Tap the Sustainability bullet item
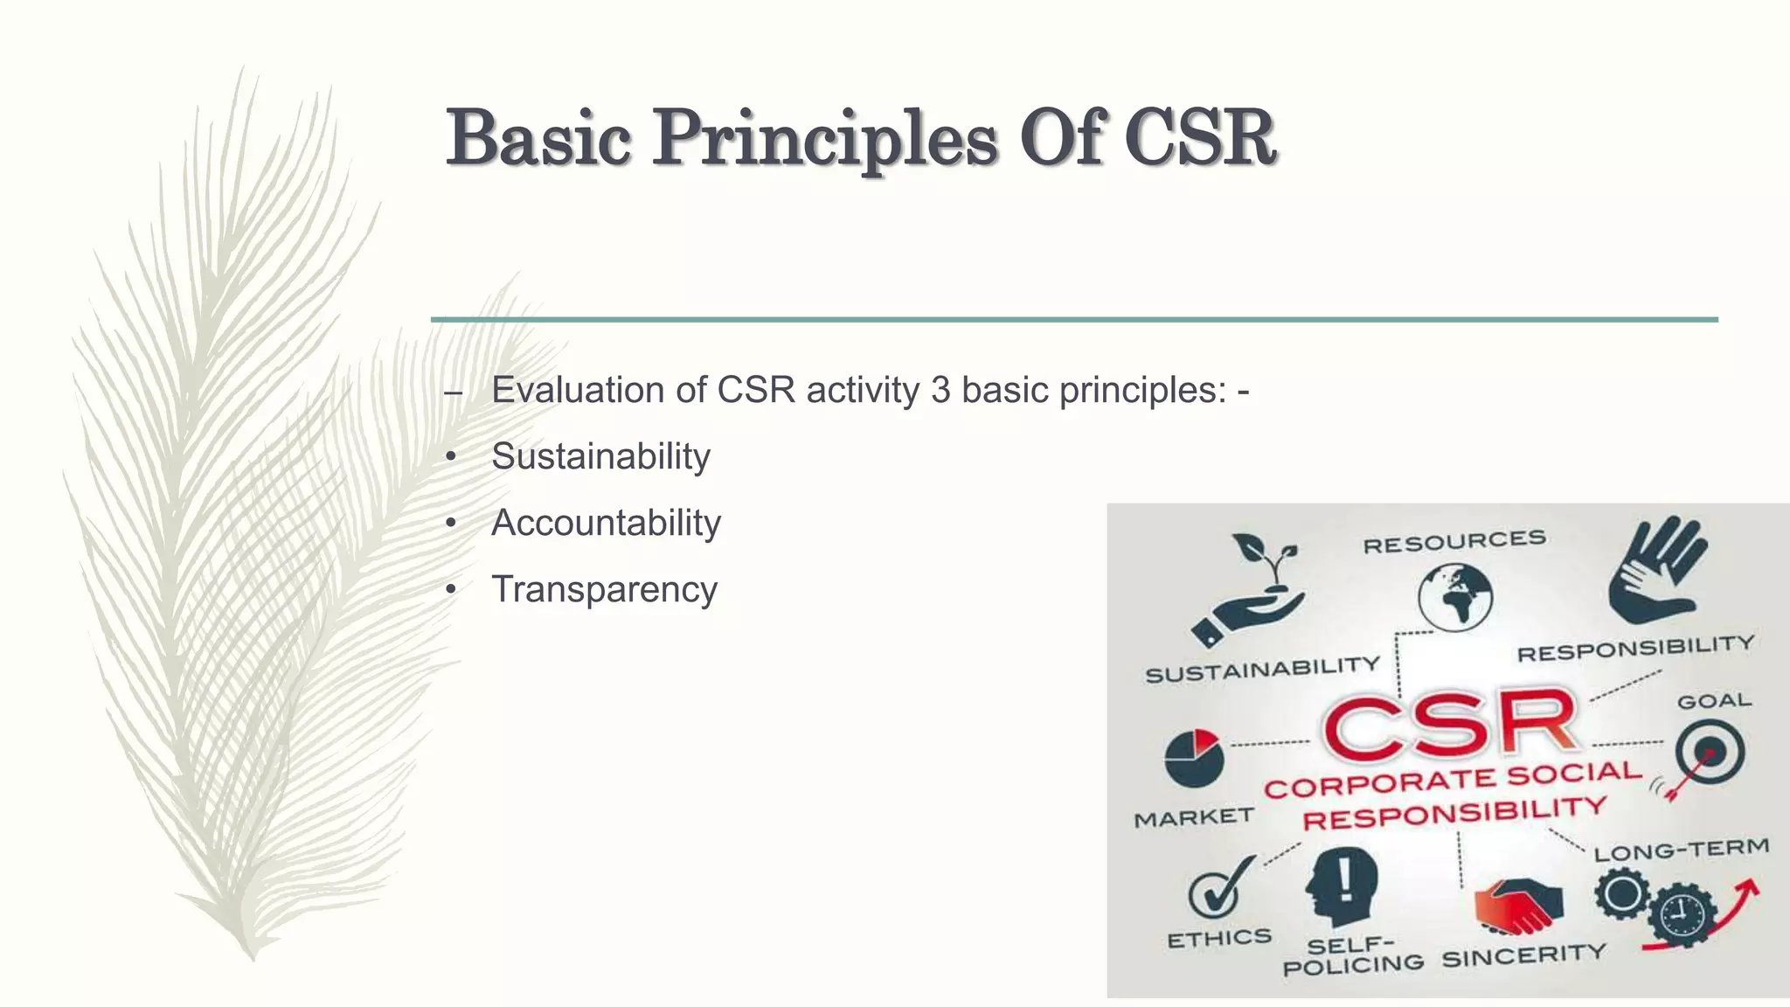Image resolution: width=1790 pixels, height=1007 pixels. (600, 456)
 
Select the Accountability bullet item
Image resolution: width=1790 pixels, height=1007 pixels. (606, 523)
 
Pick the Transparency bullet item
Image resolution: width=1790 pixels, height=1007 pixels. (604, 589)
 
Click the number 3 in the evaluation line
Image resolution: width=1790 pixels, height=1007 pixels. (940, 390)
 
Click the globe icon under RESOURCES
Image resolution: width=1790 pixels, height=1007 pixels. (1454, 596)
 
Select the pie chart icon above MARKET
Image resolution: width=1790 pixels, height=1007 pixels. (1193, 757)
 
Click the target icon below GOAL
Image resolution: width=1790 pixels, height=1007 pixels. (1709, 752)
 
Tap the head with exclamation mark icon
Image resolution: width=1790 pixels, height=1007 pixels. (1341, 886)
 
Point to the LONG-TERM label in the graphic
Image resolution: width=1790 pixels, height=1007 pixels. (1681, 850)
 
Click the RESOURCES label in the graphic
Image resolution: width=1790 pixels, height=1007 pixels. (1454, 543)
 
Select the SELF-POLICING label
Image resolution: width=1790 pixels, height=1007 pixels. (1352, 955)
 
